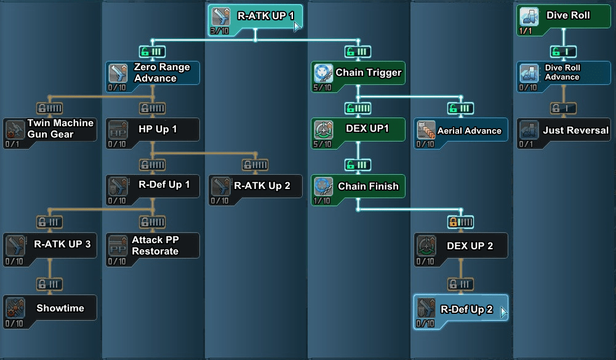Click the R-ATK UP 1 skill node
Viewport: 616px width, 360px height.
[255, 20]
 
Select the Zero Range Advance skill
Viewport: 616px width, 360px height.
[153, 73]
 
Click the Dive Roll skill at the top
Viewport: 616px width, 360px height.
[564, 20]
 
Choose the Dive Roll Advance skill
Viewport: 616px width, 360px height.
[564, 73]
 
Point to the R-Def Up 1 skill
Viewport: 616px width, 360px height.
[153, 185]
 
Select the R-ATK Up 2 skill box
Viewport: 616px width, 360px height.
[255, 186]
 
